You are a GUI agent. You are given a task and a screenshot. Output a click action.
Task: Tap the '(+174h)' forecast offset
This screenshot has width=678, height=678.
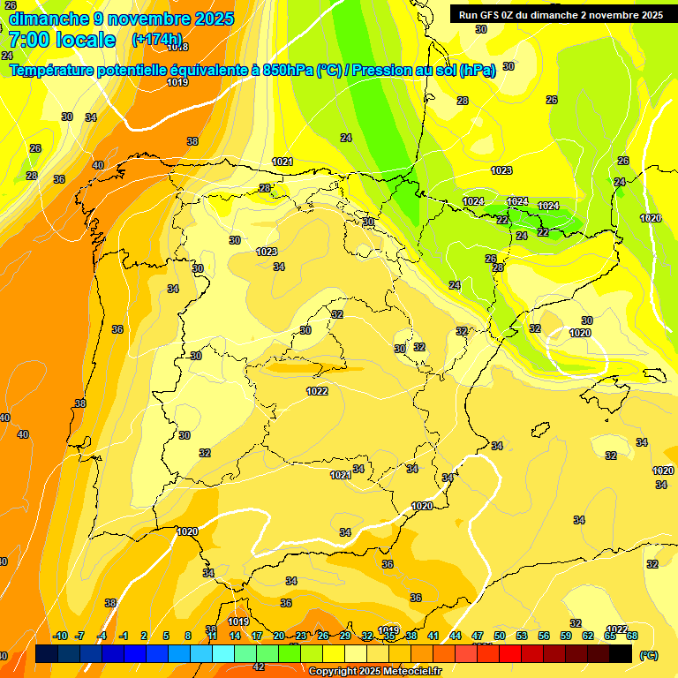point(156,40)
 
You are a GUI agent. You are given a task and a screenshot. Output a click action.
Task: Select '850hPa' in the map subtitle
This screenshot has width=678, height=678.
point(288,71)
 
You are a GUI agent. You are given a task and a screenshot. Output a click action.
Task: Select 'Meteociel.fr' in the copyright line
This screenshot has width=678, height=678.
point(411,672)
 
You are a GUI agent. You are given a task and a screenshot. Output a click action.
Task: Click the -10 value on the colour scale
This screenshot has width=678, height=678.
point(60,636)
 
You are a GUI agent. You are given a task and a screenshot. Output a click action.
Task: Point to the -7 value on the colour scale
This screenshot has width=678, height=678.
point(79,636)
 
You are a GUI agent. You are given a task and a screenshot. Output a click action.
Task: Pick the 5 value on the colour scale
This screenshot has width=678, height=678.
point(167,636)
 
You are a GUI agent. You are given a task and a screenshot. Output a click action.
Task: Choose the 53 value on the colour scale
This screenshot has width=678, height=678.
point(522,636)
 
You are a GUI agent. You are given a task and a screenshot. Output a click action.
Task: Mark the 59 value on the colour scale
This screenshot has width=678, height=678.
point(566,636)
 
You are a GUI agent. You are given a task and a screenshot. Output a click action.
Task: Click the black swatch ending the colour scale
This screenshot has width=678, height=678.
point(621,653)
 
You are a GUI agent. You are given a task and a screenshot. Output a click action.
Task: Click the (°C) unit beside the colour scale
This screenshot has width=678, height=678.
point(649,655)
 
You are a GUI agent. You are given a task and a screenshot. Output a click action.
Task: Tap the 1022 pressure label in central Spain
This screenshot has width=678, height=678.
point(317,391)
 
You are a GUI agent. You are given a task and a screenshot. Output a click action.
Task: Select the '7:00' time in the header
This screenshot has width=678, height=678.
point(25,40)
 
